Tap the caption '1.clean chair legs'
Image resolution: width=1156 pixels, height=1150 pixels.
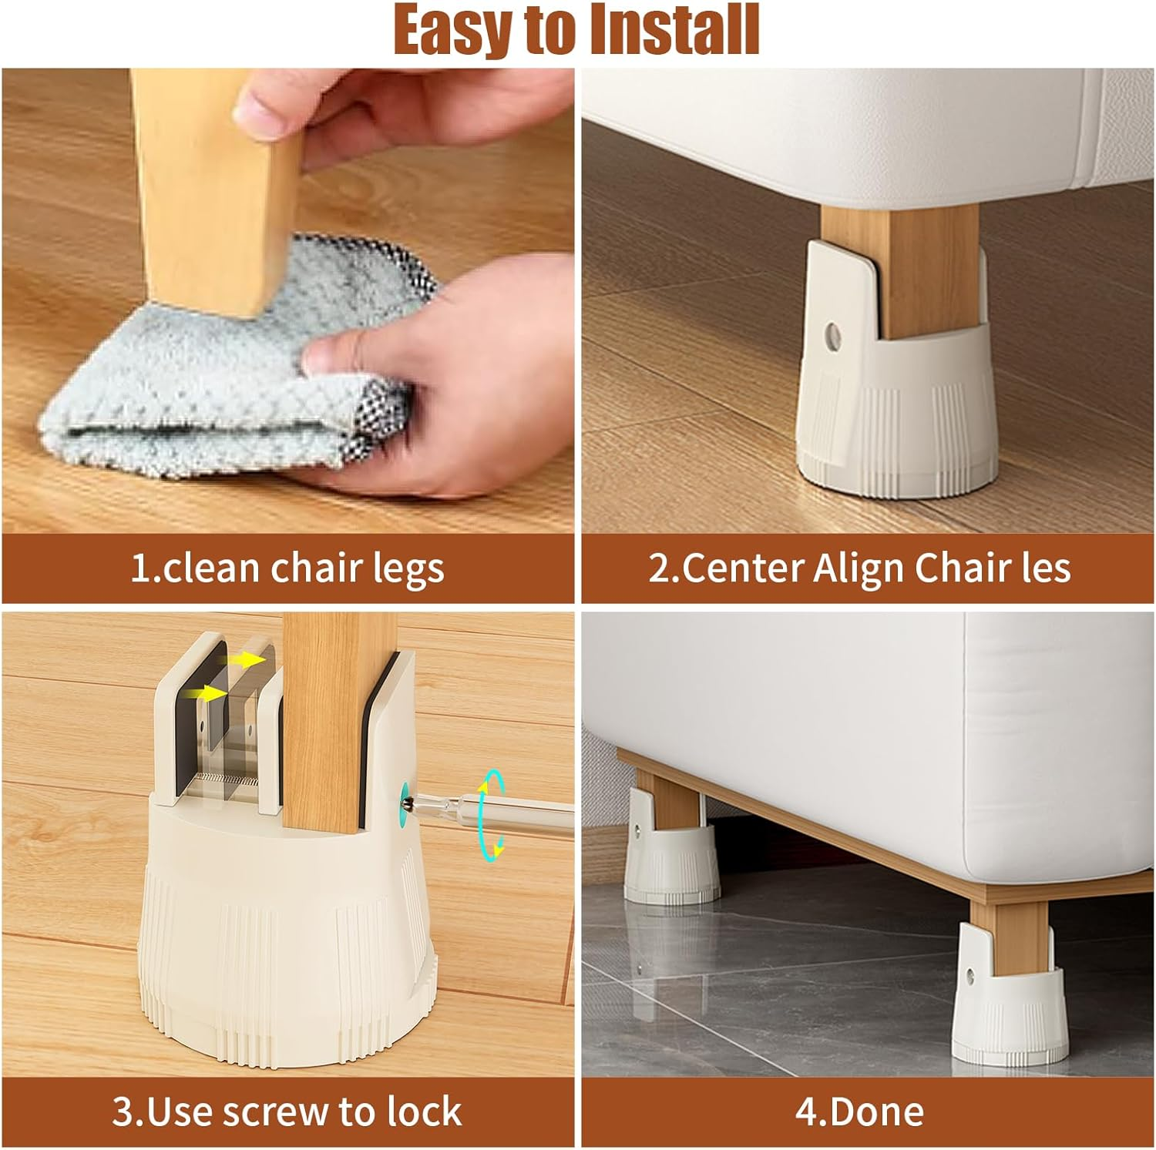click(x=287, y=568)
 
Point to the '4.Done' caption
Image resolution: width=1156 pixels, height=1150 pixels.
click(x=859, y=1111)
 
